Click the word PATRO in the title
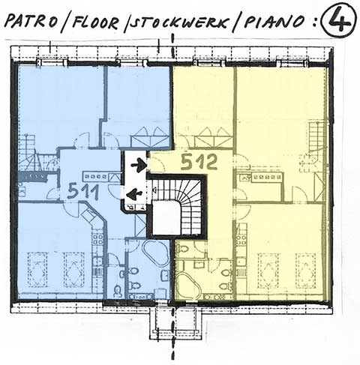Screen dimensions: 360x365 [31, 21]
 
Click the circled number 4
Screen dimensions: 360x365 [338, 20]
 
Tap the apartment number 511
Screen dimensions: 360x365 [83, 191]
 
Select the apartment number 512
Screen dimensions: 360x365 [199, 161]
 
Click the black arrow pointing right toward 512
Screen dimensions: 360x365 [139, 164]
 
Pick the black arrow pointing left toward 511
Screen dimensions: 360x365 [134, 193]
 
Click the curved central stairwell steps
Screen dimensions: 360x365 [190, 200]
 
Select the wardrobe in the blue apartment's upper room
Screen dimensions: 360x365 [150, 137]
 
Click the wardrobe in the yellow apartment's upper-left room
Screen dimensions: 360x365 [214, 138]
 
